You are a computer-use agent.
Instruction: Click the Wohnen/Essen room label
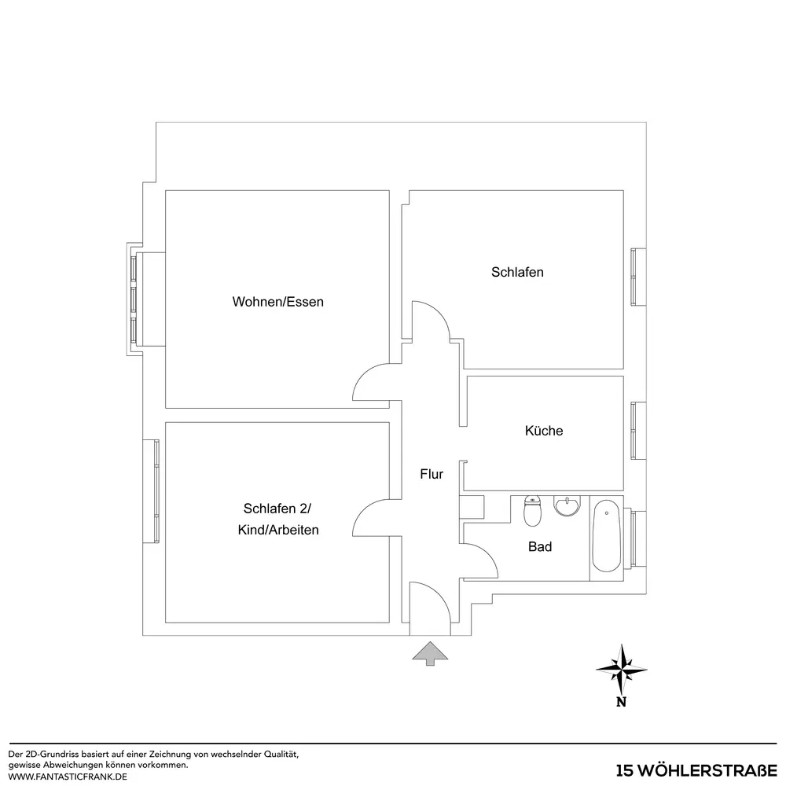coord(277,302)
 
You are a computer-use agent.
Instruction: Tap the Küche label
coord(544,431)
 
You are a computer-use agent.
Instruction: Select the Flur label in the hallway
coord(432,474)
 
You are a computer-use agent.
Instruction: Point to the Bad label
coord(540,546)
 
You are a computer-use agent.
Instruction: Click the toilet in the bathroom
coord(532,511)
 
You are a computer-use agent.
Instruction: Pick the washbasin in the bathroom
coord(567,505)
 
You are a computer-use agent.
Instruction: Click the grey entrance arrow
coord(430,654)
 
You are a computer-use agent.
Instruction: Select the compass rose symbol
coord(622,669)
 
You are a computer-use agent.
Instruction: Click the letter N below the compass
coord(621,702)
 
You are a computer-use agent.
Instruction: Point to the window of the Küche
coord(637,431)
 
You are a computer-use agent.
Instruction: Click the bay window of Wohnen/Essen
coord(134,299)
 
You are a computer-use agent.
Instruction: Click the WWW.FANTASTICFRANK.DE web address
coord(68,777)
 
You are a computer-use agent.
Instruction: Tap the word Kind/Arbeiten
coord(278,530)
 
